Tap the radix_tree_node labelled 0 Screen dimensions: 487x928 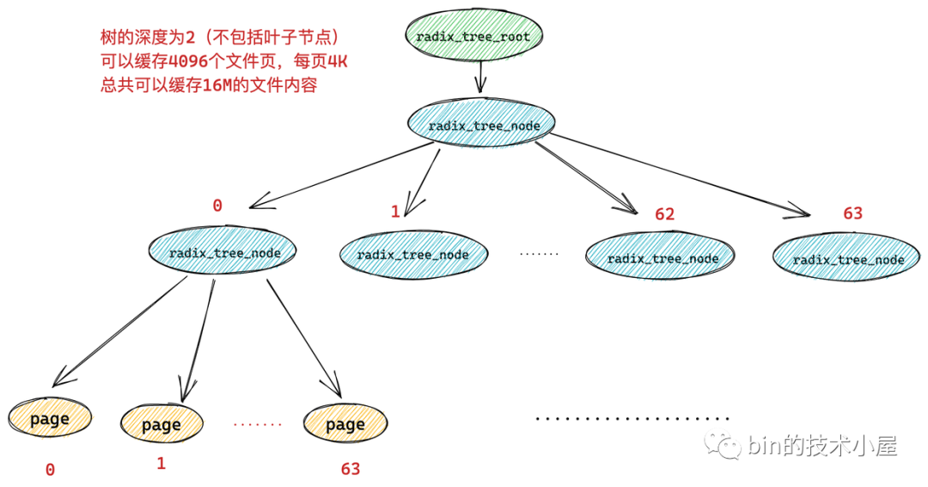click(x=223, y=252)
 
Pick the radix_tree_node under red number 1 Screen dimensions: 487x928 click(x=413, y=255)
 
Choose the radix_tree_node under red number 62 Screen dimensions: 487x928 click(x=662, y=258)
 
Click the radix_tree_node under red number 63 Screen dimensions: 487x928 click(x=848, y=259)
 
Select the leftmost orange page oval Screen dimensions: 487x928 click(x=50, y=419)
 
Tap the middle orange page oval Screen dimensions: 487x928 click(x=162, y=423)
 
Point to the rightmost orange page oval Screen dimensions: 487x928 click(x=345, y=423)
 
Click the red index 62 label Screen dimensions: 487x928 click(x=664, y=214)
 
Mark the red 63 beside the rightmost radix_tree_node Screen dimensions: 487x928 click(x=852, y=213)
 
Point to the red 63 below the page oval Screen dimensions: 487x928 click(x=351, y=469)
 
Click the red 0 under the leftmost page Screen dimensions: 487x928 click(x=50, y=470)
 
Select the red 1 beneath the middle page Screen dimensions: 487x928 click(x=161, y=464)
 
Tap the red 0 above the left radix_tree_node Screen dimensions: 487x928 click(x=217, y=206)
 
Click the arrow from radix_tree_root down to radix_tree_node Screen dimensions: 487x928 click(x=479, y=79)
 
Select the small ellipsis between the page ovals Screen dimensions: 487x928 click(x=257, y=424)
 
